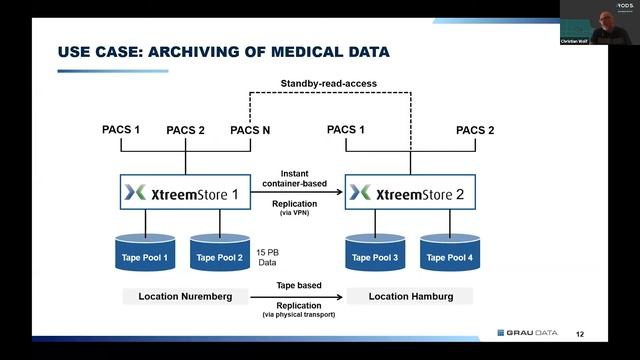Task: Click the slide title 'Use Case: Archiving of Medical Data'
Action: (x=223, y=51)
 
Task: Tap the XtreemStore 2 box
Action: (x=411, y=192)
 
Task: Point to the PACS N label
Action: (x=249, y=130)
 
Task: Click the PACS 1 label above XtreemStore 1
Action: (x=121, y=130)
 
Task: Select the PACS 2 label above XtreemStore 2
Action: (x=475, y=130)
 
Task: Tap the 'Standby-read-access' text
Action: (x=330, y=84)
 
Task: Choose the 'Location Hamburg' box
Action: (x=409, y=297)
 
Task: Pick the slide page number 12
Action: (x=581, y=335)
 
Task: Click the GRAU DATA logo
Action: (x=530, y=334)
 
